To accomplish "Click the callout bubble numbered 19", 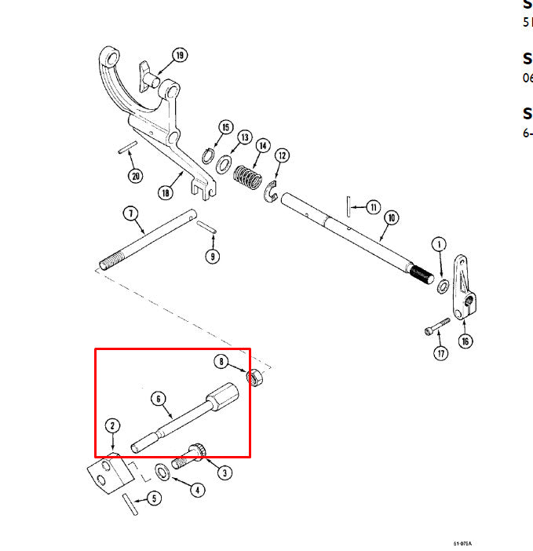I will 180,55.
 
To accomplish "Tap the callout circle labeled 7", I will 130,213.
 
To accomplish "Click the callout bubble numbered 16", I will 465,341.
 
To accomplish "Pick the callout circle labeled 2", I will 113,426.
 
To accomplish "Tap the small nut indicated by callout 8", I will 255,378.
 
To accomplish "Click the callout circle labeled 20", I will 136,176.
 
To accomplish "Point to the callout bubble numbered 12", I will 282,155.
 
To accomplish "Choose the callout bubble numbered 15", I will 226,127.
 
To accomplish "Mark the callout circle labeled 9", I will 212,255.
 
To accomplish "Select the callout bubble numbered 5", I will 153,497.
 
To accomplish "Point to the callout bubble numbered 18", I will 166,192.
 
